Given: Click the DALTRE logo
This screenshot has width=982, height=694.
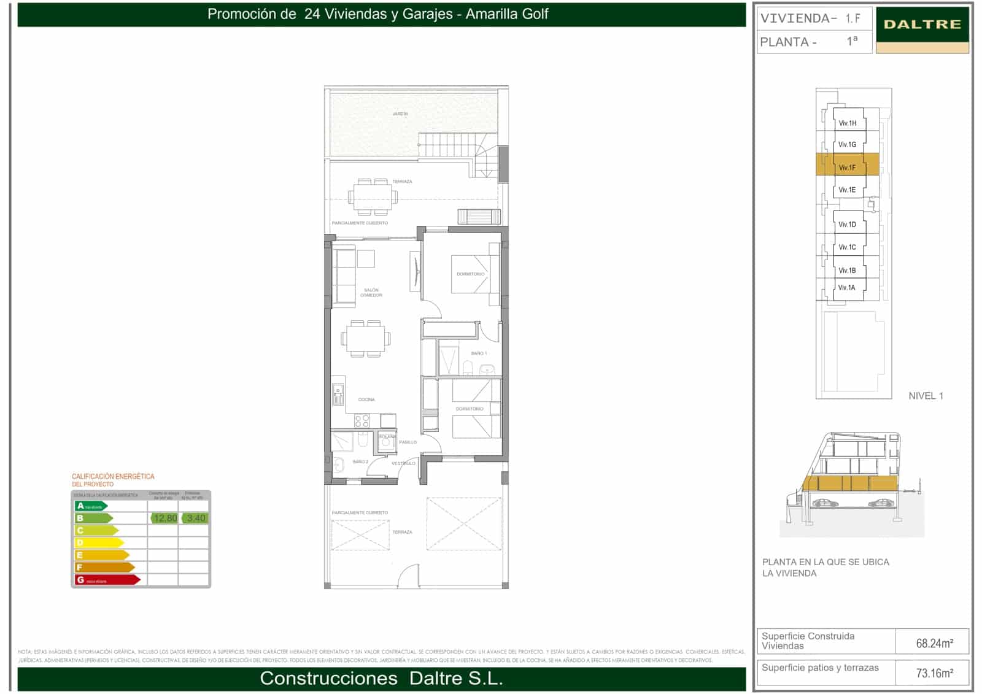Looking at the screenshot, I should click(922, 25).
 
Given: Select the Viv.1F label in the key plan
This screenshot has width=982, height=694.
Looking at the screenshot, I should click(847, 168).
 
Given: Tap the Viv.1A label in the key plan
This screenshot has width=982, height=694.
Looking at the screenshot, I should click(846, 287).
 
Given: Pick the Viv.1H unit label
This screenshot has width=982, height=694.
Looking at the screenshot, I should click(847, 123).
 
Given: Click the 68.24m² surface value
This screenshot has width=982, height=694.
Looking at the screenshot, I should click(934, 643).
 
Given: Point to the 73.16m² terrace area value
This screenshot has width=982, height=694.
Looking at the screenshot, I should click(934, 673).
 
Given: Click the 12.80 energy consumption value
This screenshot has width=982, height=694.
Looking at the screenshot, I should click(164, 518).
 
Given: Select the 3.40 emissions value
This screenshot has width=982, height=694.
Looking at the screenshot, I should click(196, 518).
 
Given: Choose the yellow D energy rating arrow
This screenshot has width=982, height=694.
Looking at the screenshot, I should click(98, 542).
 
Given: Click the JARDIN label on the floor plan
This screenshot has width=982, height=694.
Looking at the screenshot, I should click(400, 114).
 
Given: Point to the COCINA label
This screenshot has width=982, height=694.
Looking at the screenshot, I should click(366, 399).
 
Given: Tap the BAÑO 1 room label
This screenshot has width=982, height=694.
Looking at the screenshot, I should click(479, 353).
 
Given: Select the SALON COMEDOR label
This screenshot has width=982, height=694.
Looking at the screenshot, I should click(371, 293).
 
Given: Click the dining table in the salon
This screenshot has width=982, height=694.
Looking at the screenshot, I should click(366, 338).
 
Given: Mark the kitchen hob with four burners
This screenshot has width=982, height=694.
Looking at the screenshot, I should click(362, 420).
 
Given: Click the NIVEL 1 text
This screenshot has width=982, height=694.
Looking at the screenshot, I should click(926, 396).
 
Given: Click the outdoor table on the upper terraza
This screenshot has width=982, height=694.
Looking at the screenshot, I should click(373, 197).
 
